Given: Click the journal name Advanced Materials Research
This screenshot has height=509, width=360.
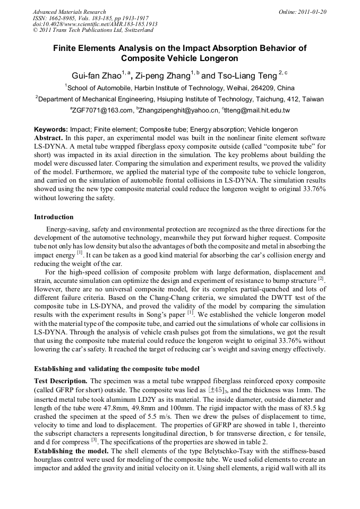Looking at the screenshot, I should (x=69, y=12).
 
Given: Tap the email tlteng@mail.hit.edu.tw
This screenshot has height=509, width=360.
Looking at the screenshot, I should (x=257, y=110).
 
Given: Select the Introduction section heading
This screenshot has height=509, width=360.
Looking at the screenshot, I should (x=54, y=217).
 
